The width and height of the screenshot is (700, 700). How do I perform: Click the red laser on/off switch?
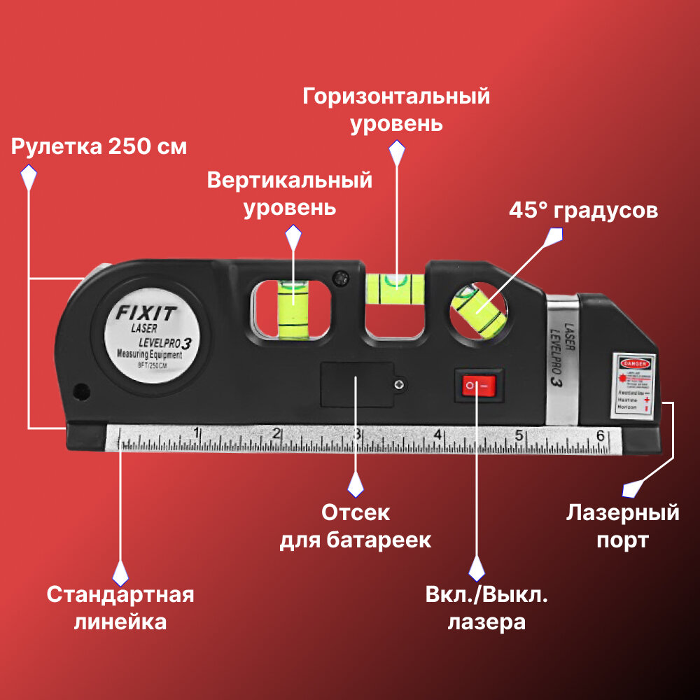478,385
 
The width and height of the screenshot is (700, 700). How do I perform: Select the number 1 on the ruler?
197,433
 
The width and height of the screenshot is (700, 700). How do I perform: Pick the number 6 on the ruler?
600,435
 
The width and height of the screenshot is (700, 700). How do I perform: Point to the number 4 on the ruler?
437,434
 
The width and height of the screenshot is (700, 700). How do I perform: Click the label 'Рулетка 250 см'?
99,147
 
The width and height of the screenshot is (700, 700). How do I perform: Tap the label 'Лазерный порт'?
622,526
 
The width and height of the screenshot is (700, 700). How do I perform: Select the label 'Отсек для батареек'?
356,526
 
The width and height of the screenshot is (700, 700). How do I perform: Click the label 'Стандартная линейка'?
120,608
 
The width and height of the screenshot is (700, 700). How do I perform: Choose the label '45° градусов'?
583,211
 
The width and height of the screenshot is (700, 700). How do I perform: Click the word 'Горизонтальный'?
396,96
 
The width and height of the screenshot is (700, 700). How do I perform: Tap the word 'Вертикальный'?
289,180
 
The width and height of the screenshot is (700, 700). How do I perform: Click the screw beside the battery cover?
398,384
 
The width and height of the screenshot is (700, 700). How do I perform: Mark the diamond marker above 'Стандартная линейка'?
120,573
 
